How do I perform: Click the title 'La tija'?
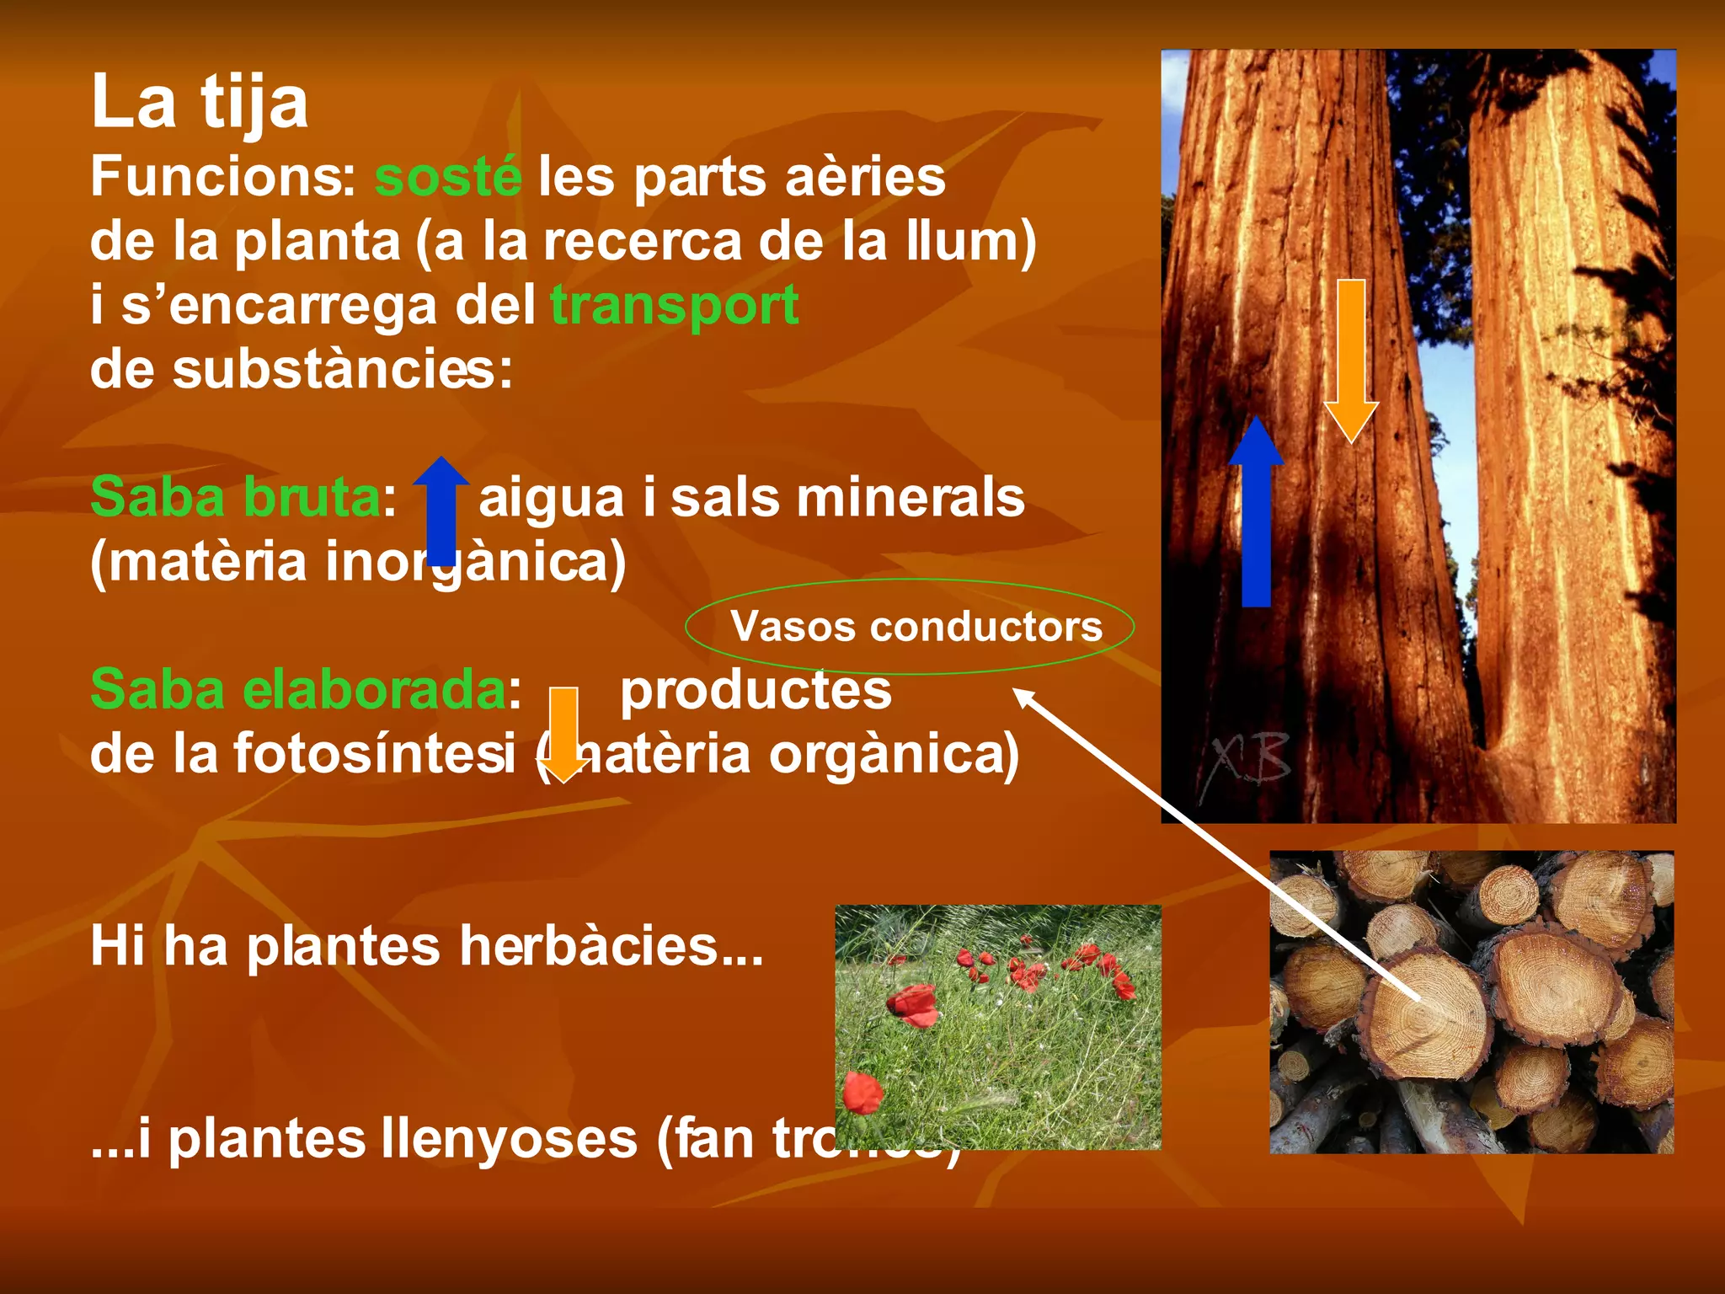[x=200, y=103]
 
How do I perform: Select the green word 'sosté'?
[x=448, y=178]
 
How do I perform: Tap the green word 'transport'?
[x=674, y=305]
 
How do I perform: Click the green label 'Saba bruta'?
[x=236, y=497]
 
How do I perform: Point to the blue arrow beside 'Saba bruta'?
[x=441, y=510]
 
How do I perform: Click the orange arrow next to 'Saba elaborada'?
[x=563, y=734]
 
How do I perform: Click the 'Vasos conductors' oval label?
[x=916, y=627]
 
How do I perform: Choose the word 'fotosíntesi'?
[x=374, y=753]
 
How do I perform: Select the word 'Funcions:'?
[x=224, y=178]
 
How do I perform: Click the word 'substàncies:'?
[x=343, y=369]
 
